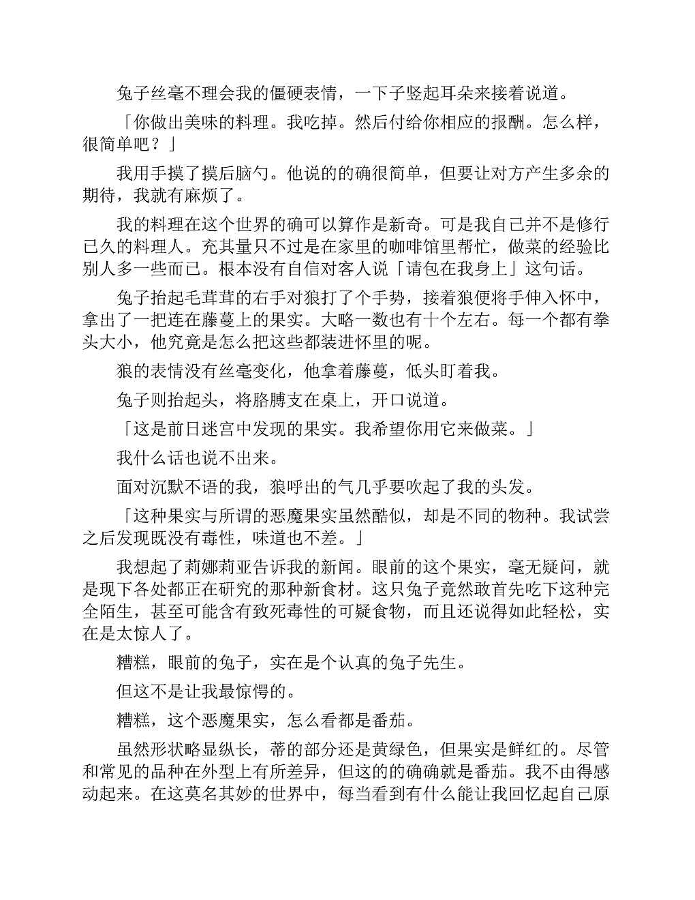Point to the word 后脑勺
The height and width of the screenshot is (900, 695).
point(236,175)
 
